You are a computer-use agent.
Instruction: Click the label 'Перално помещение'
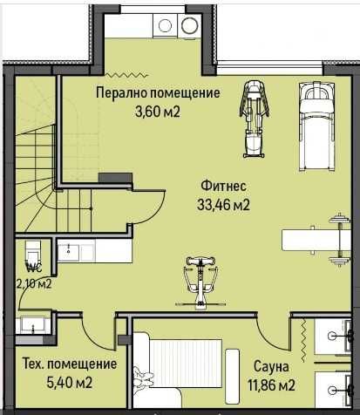pos(158,94)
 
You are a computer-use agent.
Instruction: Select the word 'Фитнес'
pos(223,186)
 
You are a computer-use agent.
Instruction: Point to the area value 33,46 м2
pos(223,205)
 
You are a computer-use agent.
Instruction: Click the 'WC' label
pos(34,267)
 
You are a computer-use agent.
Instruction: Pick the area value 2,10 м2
pos(34,282)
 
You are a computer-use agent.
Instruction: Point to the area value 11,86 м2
pos(271,384)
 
